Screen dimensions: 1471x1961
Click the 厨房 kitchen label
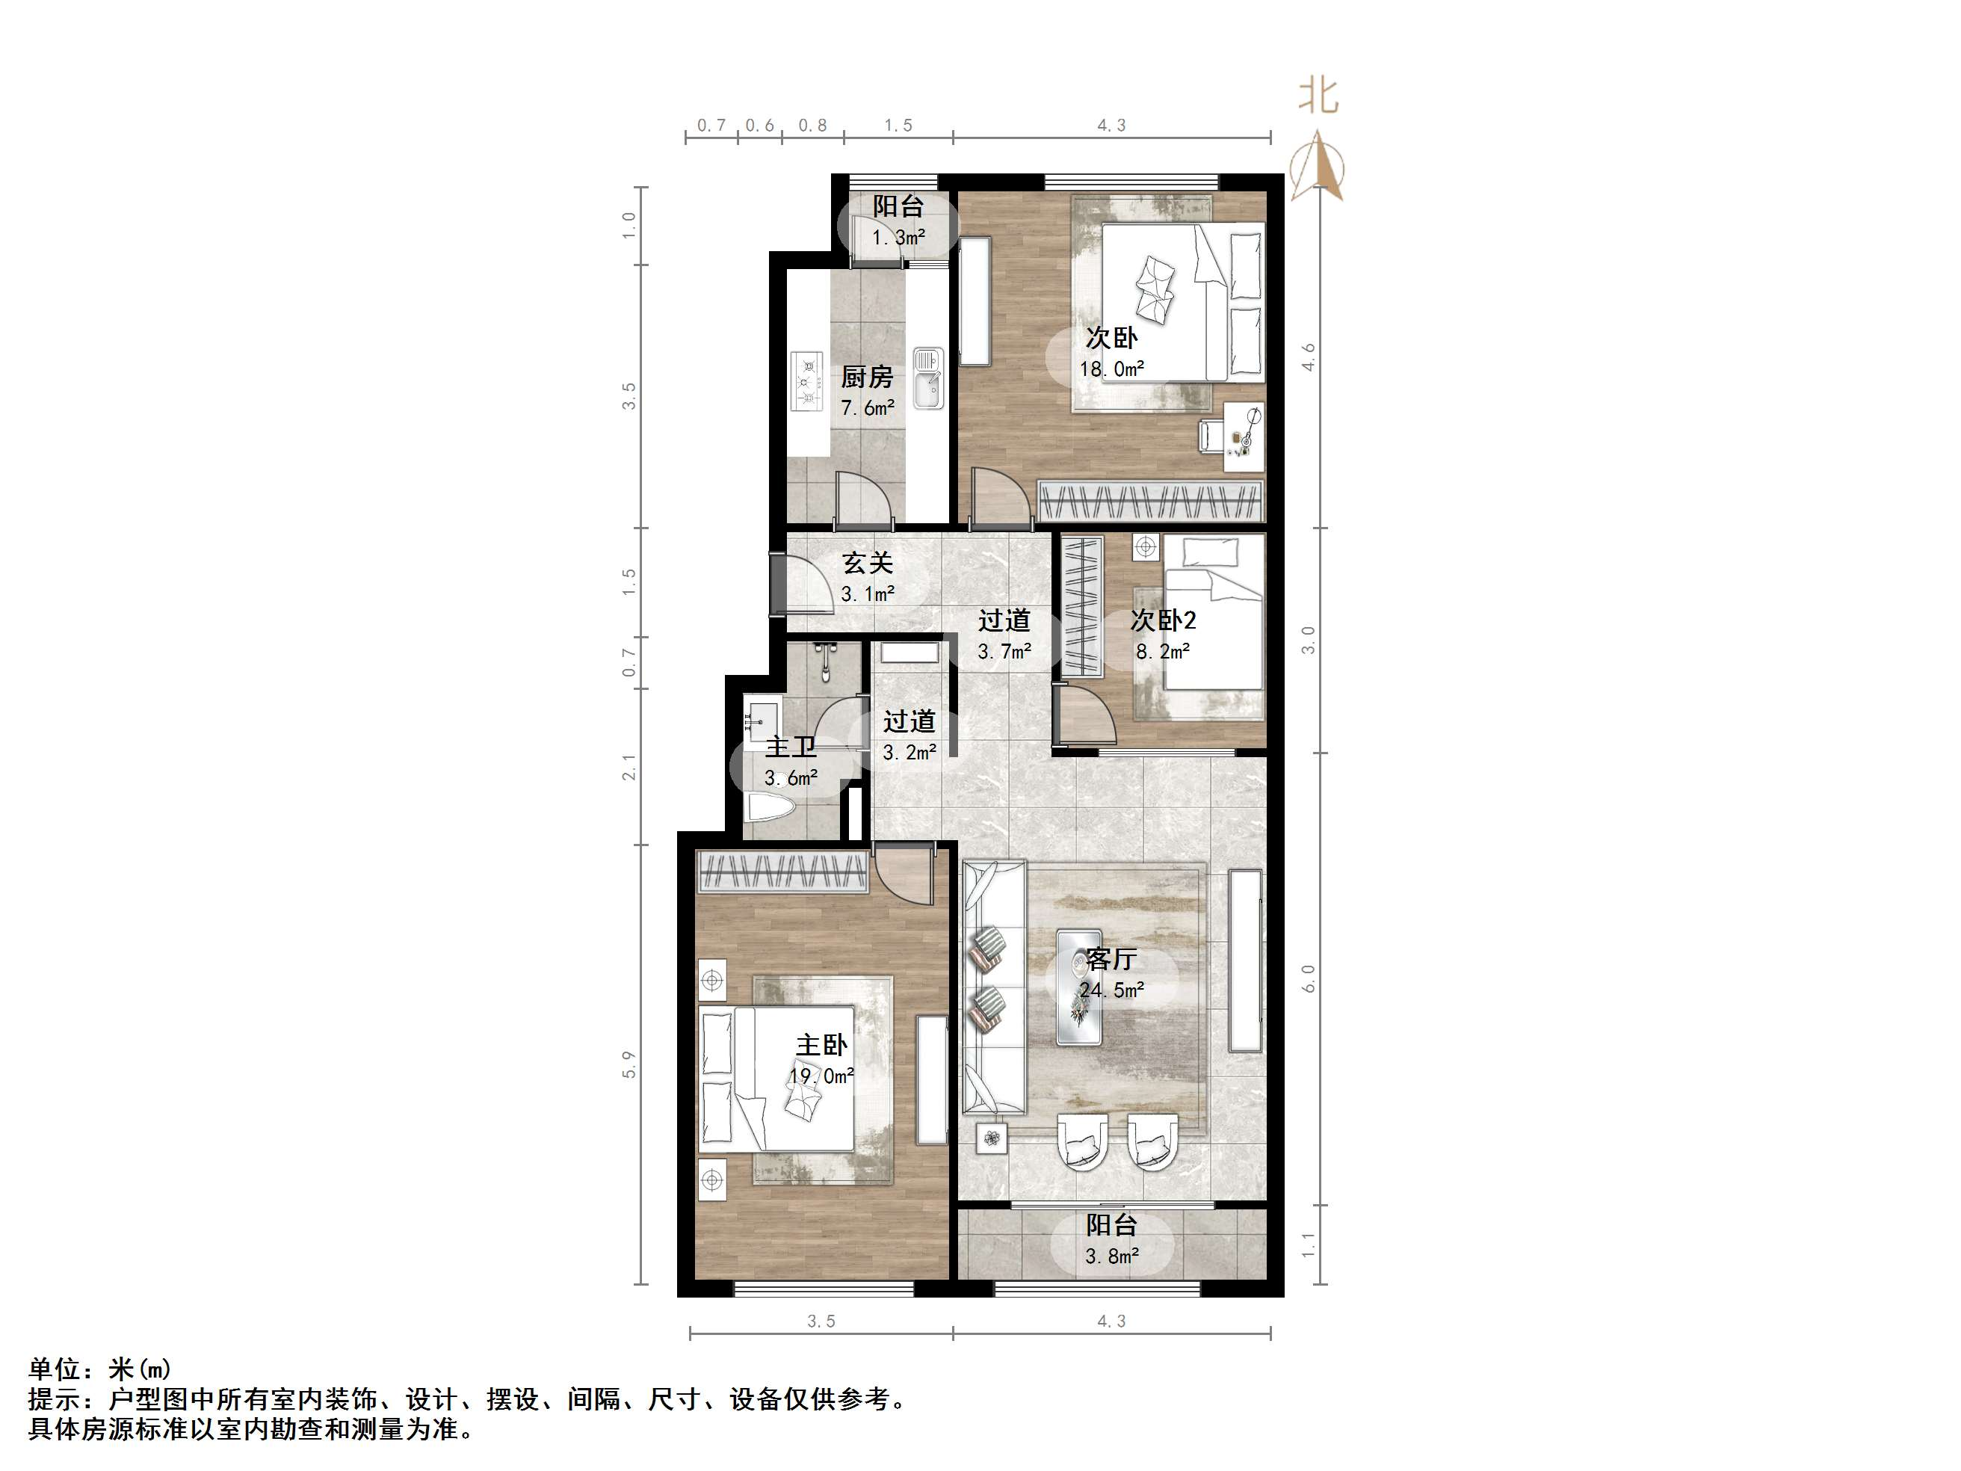pyautogui.click(x=866, y=377)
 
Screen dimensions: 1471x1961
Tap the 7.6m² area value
pyautogui.click(x=867, y=409)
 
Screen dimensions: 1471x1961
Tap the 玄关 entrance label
pyautogui.click(x=866, y=563)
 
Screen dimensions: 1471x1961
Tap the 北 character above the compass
pyautogui.click(x=1318, y=96)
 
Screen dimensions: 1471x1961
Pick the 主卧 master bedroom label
pyautogui.click(x=821, y=1046)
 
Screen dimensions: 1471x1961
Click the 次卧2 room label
pyautogui.click(x=1162, y=620)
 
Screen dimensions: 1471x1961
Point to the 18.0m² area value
pyautogui.click(x=1111, y=368)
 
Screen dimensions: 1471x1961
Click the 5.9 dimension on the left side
pyautogui.click(x=629, y=1064)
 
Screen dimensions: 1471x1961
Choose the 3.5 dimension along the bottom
pyautogui.click(x=821, y=1322)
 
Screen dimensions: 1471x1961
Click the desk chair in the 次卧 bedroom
pyautogui.click(x=1210, y=435)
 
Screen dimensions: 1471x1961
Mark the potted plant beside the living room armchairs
pyautogui.click(x=992, y=1138)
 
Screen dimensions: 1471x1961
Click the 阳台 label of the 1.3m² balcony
pyautogui.click(x=898, y=206)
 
